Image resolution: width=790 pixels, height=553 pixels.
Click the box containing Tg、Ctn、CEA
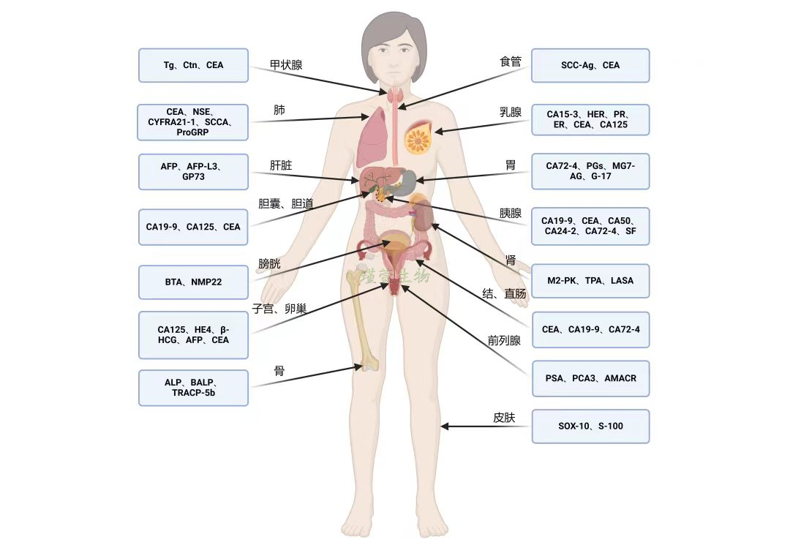click(x=193, y=65)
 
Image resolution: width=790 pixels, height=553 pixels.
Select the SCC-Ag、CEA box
click(x=590, y=65)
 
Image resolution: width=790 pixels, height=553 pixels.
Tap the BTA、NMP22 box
click(x=193, y=282)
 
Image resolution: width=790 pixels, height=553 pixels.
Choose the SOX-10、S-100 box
click(x=590, y=426)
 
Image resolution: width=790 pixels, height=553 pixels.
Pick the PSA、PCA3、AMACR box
click(x=590, y=378)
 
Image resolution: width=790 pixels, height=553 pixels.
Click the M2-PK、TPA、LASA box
click(x=590, y=281)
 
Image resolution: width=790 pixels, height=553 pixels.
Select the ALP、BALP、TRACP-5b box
click(x=193, y=388)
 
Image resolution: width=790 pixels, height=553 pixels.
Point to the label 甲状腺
click(x=286, y=65)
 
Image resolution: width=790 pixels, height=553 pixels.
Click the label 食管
click(x=511, y=62)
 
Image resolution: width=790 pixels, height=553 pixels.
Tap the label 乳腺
click(x=511, y=112)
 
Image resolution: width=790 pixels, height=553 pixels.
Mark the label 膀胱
click(x=269, y=264)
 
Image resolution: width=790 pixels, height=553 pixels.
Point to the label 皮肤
click(x=504, y=418)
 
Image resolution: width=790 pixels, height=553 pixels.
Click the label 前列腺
click(x=504, y=340)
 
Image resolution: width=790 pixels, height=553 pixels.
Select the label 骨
click(x=279, y=371)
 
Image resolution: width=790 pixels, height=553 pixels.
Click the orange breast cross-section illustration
click(x=420, y=136)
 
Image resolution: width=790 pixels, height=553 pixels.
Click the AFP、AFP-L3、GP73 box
click(x=193, y=172)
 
